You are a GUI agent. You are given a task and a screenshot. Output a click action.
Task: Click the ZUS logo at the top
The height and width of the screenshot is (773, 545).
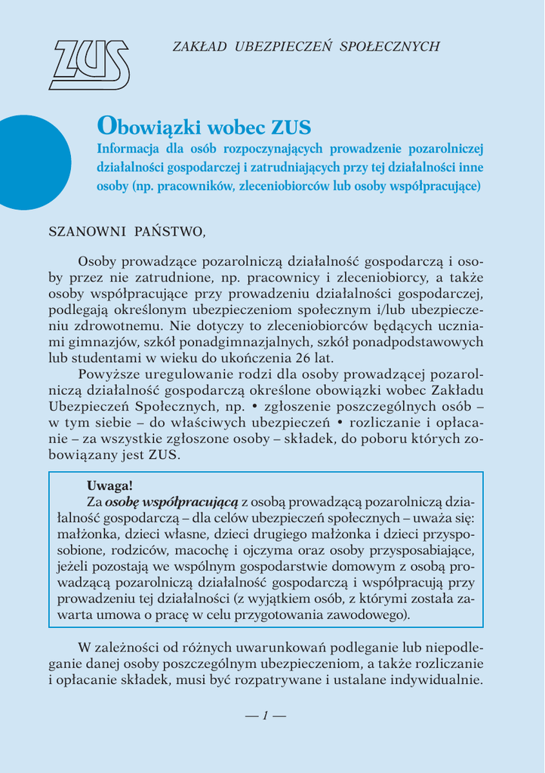click(x=89, y=65)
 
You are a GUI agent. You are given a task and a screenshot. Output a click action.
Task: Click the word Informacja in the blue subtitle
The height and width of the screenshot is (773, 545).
click(x=127, y=148)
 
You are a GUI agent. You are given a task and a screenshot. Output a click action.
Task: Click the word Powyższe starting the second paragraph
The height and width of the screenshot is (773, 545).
click(x=109, y=374)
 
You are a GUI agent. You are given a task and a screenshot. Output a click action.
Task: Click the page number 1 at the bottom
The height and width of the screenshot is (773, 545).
click(x=265, y=716)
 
